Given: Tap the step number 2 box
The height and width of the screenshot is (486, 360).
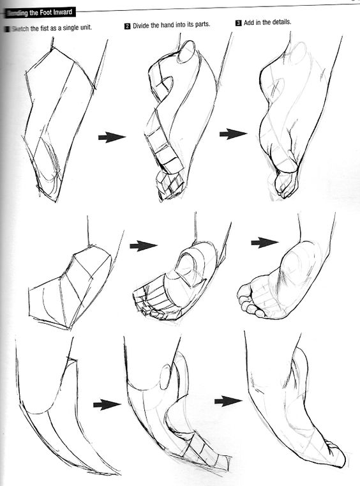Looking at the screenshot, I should point(127,25).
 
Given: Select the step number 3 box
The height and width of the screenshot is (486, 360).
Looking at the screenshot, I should point(238,22).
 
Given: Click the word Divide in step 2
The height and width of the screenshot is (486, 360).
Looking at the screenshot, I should point(144,25).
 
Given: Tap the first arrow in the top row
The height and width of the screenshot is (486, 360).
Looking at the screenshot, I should point(111,137).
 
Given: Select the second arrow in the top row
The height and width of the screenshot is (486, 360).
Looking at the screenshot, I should point(233,133).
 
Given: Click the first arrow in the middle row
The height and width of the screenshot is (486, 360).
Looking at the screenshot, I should point(143,245).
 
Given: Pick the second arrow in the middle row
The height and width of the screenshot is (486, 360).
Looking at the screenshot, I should point(264,242).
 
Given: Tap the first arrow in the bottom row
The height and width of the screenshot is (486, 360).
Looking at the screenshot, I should point(107,404).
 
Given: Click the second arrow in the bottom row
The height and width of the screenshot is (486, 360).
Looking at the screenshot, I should point(228,400).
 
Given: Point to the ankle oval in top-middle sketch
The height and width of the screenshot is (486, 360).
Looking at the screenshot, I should point(187,54).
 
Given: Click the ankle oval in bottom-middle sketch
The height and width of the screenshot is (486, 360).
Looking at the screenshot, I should point(164,377).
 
